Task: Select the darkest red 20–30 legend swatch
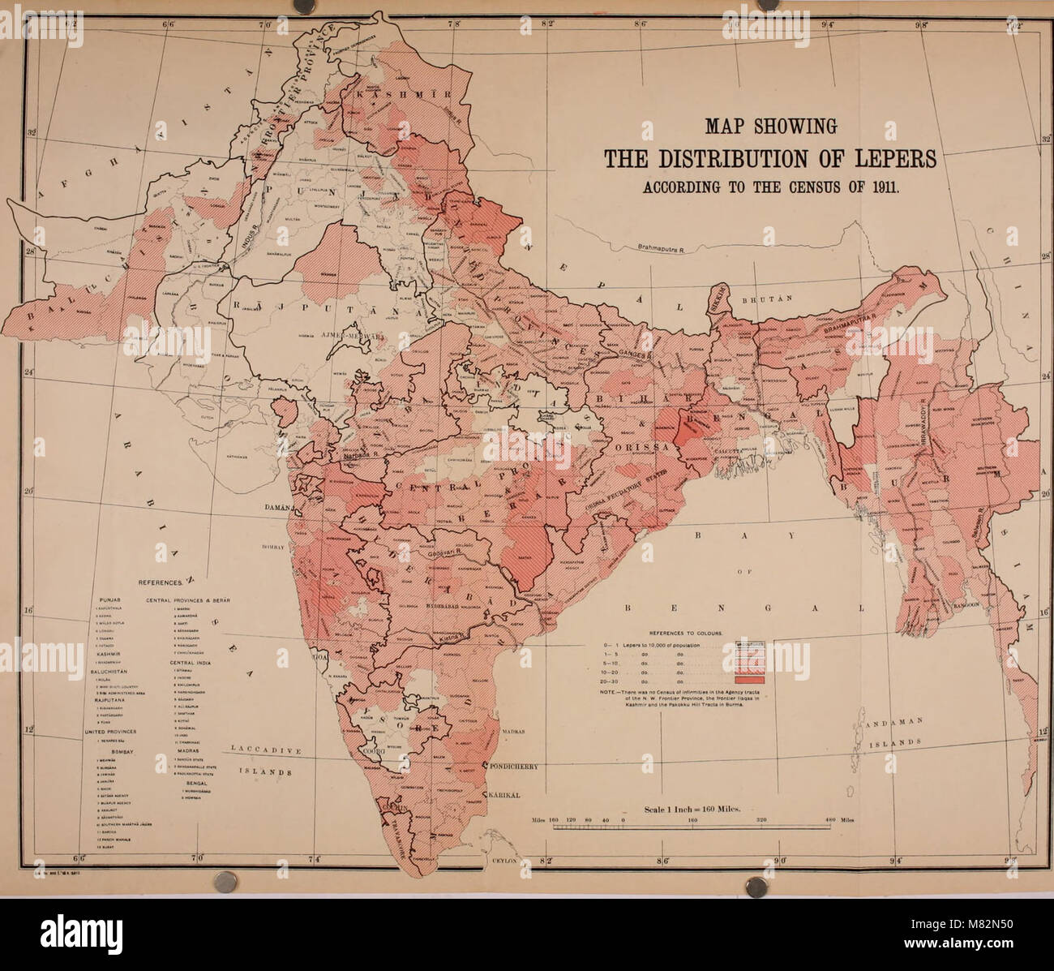coord(749,680)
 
